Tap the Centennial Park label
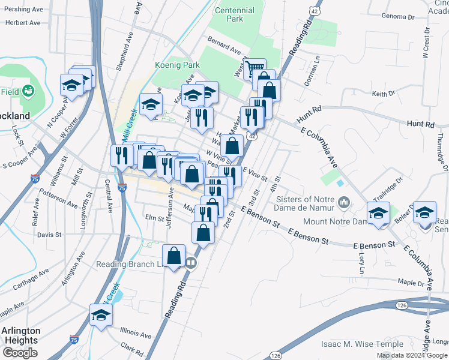click(234, 14)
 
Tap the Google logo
click(20, 353)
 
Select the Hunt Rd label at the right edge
click(420, 124)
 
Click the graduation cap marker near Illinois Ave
click(101, 314)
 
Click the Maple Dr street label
click(411, 281)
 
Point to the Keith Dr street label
click(383, 94)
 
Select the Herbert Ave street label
click(22, 23)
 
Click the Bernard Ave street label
click(223, 43)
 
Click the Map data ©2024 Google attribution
click(412, 355)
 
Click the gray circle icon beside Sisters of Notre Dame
click(343, 202)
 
